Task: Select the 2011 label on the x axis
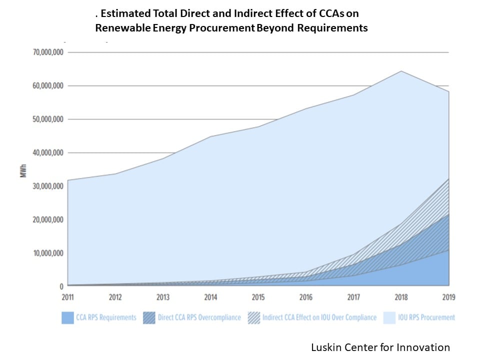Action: [67, 297]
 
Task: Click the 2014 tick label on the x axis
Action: [210, 297]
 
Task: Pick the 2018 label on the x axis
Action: [401, 297]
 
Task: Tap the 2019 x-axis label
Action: [448, 297]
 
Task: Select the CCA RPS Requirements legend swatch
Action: [67, 317]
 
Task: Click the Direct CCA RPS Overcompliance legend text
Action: [198, 317]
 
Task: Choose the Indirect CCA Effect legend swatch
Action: [254, 317]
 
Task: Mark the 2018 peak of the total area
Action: [401, 71]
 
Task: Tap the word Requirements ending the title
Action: [332, 28]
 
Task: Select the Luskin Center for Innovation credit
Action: [380, 347]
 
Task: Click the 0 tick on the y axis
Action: [61, 286]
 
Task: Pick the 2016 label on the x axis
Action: [306, 297]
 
